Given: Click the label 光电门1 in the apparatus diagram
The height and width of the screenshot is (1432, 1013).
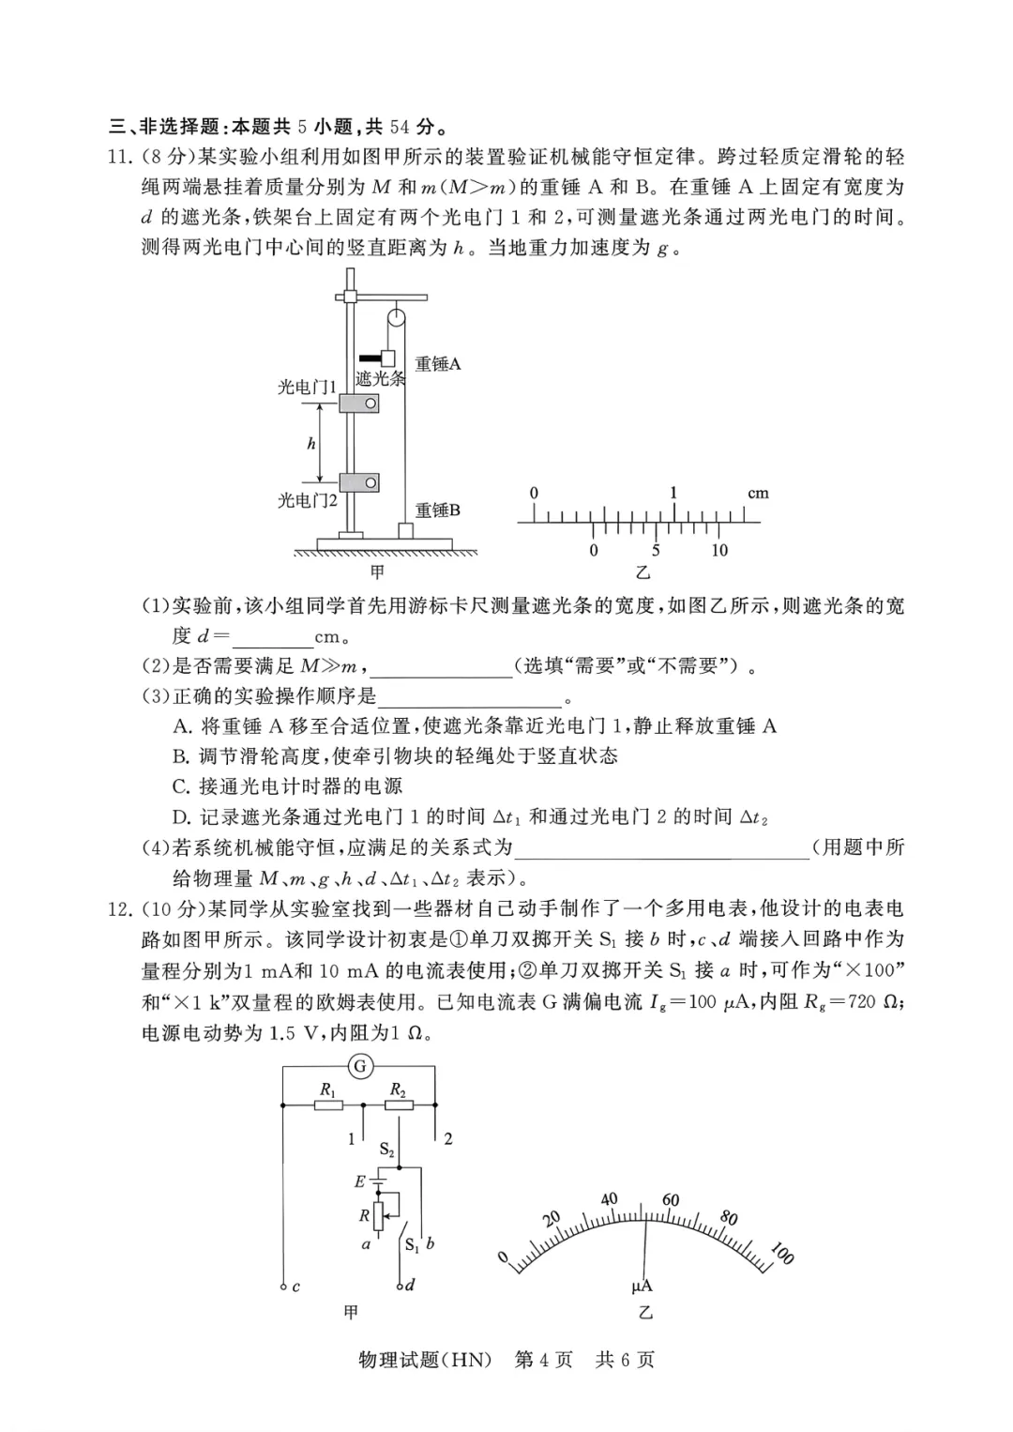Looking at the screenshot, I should pyautogui.click(x=307, y=387).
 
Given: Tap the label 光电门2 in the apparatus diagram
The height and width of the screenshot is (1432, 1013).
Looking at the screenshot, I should pyautogui.click(x=307, y=500).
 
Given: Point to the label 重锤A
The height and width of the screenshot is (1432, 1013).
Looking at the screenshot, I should pyautogui.click(x=438, y=364).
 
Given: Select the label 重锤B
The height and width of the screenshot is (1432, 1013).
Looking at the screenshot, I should pyautogui.click(x=438, y=510).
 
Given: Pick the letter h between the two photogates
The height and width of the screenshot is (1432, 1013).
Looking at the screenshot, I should pyautogui.click(x=311, y=444).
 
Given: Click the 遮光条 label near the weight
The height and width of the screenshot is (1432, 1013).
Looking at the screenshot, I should pyautogui.click(x=380, y=378).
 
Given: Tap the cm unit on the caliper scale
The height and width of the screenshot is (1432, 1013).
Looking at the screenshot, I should pyautogui.click(x=758, y=493).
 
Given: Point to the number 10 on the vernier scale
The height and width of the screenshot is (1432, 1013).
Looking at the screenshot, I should pyautogui.click(x=718, y=551).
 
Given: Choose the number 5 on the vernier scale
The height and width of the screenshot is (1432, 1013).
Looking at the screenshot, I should pyautogui.click(x=656, y=551).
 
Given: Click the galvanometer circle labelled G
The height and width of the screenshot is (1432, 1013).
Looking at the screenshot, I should pyautogui.click(x=359, y=1066).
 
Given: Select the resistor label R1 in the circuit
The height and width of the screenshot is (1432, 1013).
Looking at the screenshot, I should pyautogui.click(x=327, y=1089).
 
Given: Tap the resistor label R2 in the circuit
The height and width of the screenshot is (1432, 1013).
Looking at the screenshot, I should pyautogui.click(x=398, y=1089).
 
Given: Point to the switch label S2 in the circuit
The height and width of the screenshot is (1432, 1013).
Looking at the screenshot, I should pyautogui.click(x=386, y=1150).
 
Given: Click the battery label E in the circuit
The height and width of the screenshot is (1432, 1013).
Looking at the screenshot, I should pyautogui.click(x=358, y=1182).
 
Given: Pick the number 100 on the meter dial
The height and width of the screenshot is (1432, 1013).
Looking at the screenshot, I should pyautogui.click(x=781, y=1253).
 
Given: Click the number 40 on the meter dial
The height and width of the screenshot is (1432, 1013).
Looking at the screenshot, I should pyautogui.click(x=609, y=1198).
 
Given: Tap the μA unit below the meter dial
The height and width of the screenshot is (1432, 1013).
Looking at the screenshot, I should pyautogui.click(x=642, y=1287).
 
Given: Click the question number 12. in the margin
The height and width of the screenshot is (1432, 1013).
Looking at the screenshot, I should pyautogui.click(x=119, y=908).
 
